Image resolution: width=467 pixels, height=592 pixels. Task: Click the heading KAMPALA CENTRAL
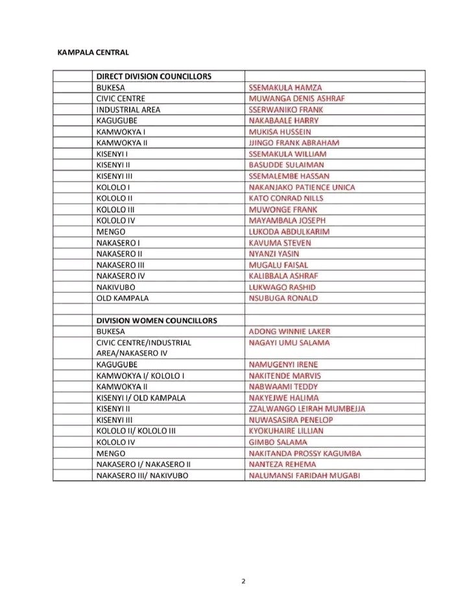(93, 53)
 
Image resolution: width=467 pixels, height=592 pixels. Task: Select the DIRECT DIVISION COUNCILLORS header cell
(154, 76)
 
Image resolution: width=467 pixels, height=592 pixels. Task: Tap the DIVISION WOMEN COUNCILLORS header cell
(156, 320)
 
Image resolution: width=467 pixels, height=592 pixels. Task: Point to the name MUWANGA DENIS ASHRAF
(297, 98)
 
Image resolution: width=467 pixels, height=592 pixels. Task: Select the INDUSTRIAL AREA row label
(128, 109)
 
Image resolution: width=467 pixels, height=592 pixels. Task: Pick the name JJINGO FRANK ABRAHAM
(294, 142)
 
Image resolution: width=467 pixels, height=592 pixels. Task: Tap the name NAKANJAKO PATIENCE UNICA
(302, 187)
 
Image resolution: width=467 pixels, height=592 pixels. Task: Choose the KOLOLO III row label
(115, 209)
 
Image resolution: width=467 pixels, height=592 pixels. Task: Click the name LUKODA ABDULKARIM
(289, 231)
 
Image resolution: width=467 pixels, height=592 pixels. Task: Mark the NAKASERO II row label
(119, 253)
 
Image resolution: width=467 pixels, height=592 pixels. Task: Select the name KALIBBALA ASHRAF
(283, 275)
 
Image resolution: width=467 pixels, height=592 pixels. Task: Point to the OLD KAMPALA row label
(122, 297)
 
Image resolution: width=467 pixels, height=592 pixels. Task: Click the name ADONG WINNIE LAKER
(289, 331)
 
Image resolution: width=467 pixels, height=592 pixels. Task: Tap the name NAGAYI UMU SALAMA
(289, 342)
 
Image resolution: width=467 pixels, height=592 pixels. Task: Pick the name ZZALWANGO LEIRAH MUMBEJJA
(307, 408)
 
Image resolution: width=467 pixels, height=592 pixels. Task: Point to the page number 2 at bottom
(243, 581)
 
